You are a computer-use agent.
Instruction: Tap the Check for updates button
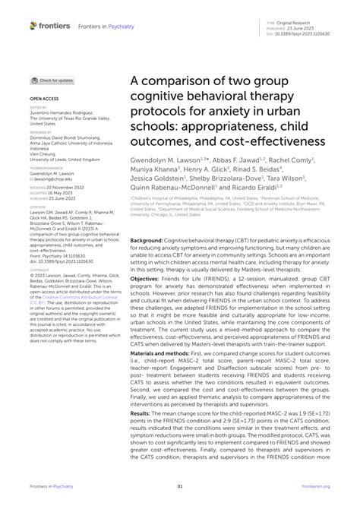tap(52, 81)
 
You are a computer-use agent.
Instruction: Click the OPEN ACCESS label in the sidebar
tap(44, 99)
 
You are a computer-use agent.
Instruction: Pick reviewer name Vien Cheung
tap(45, 154)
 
